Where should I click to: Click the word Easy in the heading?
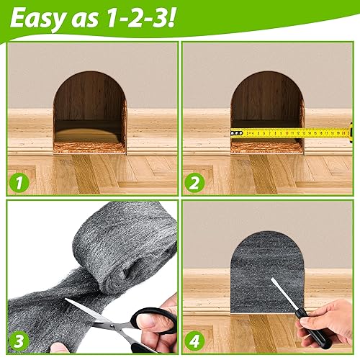[38, 19]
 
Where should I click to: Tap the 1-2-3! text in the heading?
[140, 18]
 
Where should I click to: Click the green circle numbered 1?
[19, 182]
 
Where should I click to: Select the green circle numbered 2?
[194, 182]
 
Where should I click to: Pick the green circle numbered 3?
[19, 341]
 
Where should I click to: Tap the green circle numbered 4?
[194, 341]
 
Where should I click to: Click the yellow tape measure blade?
[290, 132]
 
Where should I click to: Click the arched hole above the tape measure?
[267, 101]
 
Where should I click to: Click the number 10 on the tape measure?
[287, 133]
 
